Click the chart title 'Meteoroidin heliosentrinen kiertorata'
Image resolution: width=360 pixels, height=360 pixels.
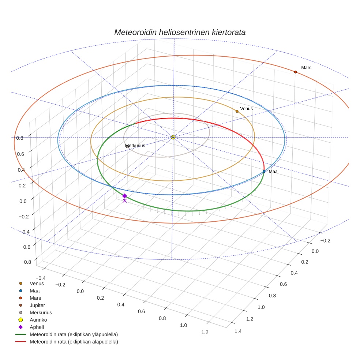coord(180,32)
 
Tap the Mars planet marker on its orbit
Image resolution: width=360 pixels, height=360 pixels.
coord(295,72)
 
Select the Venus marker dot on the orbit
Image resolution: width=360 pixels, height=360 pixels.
coord(237,111)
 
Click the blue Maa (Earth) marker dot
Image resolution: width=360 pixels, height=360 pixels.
coord(264,171)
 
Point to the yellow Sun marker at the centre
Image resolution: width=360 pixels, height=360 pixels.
coord(173,137)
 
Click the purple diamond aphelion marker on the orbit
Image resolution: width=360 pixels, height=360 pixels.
coord(124,196)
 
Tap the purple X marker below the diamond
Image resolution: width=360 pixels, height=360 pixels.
coord(124,201)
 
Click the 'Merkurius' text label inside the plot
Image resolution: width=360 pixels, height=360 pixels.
coord(135,146)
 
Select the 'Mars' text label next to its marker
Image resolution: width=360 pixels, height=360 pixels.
coord(306,68)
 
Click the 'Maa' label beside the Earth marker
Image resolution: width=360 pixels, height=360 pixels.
coord(273,172)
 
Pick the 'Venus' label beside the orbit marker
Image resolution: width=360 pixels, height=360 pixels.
coord(246,109)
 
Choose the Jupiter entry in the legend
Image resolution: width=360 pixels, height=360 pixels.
coord(37,305)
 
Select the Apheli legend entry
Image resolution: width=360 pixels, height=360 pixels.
coord(37,327)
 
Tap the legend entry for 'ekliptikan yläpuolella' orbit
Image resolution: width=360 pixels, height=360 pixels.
coord(73,334)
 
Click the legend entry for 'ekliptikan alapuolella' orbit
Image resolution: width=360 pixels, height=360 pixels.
coord(73,342)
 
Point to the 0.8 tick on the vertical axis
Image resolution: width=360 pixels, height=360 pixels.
coord(20,138)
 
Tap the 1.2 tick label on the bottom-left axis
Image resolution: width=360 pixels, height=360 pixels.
coord(205,332)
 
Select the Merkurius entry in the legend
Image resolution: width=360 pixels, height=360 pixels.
coord(40,312)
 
